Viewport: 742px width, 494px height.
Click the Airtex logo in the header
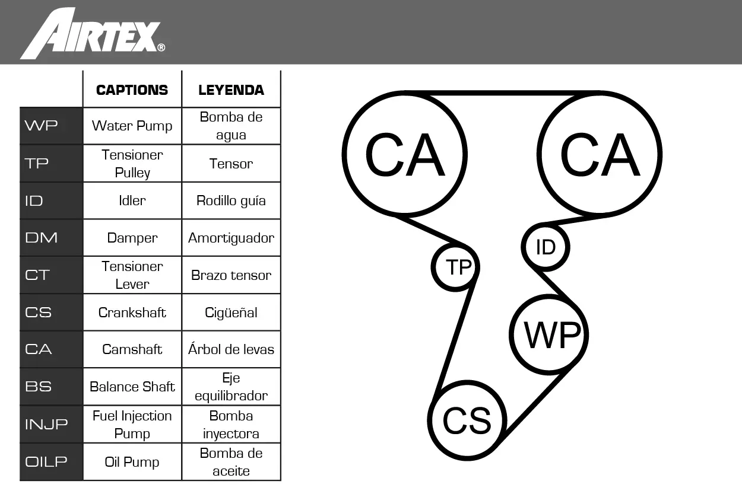[93, 34]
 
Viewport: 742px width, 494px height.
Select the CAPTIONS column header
[132, 90]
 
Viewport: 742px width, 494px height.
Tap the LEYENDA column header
[232, 90]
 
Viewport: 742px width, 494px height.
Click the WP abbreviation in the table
[41, 126]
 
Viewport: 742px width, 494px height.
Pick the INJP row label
[46, 424]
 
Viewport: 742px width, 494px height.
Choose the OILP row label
[46, 461]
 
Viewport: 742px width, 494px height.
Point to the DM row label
[41, 238]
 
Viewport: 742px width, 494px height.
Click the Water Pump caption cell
[132, 126]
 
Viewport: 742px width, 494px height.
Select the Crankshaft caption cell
[132, 313]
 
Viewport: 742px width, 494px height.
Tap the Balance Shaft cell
[132, 387]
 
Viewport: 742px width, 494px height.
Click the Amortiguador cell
[232, 238]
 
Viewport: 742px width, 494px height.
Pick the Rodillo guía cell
[232, 201]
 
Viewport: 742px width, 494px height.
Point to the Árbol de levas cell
[232, 349]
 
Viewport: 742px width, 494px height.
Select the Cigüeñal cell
[232, 313]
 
